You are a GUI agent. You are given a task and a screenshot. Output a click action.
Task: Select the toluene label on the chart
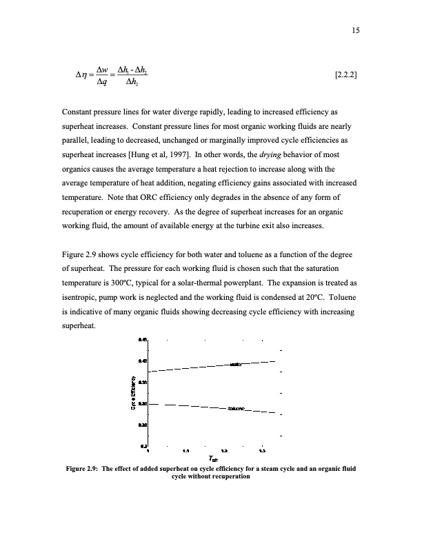click(237, 409)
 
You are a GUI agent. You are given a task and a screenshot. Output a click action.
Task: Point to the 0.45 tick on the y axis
click(143, 339)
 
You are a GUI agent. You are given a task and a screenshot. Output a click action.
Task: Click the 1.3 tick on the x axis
click(262, 452)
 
